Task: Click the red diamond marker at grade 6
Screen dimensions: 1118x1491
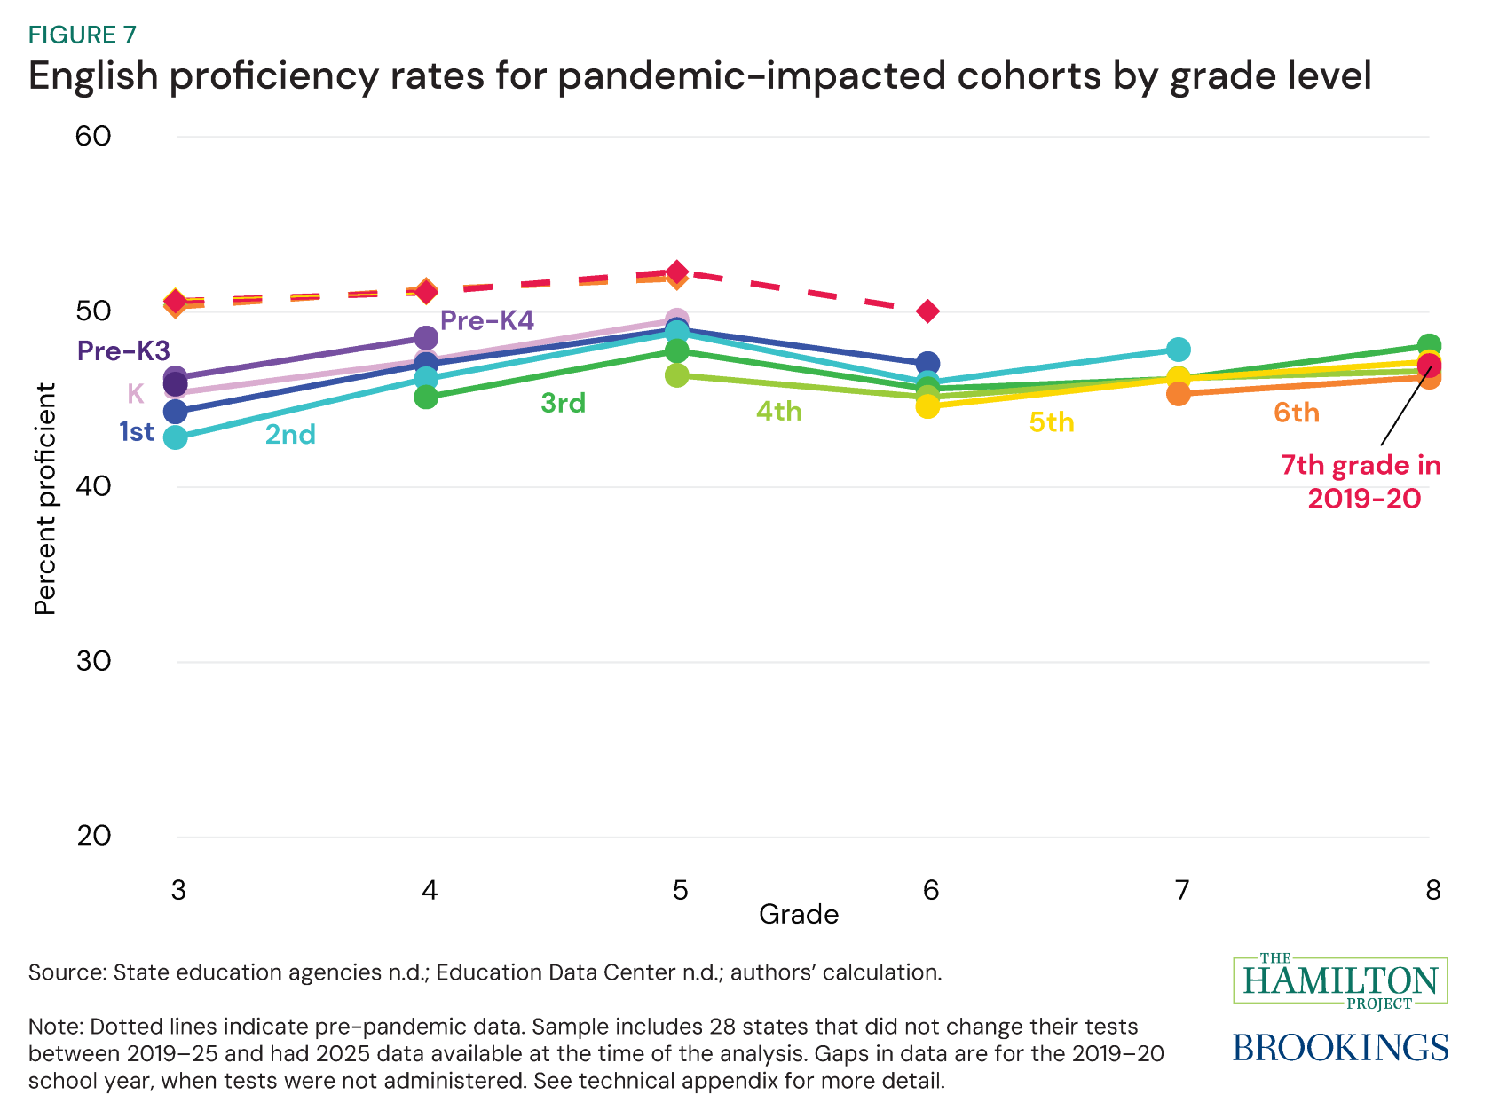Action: coord(927,311)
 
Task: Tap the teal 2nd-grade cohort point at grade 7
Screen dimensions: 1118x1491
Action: coord(1178,349)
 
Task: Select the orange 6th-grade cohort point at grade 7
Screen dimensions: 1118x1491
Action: coord(1178,393)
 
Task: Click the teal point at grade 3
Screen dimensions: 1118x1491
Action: coord(176,437)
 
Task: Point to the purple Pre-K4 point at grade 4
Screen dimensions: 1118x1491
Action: coord(426,338)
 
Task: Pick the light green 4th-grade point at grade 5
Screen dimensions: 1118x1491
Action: coord(676,375)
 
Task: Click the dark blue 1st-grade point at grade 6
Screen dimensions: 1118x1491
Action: coord(927,363)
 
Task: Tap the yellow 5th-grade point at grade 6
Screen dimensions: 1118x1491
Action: coord(927,406)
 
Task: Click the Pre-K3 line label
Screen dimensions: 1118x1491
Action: coord(123,351)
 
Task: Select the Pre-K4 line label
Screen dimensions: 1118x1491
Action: coord(487,320)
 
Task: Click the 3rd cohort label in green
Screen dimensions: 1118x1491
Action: coord(564,404)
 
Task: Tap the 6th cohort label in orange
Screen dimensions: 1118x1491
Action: coord(1297,413)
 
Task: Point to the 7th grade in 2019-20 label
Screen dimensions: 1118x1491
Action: coord(1361,482)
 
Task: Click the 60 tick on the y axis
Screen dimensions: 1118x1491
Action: coord(93,136)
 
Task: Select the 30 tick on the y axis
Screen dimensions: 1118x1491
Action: coord(93,661)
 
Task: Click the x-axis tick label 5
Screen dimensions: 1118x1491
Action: coord(680,890)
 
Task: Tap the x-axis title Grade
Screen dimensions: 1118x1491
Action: coord(799,915)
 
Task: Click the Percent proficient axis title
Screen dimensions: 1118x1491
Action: coord(45,499)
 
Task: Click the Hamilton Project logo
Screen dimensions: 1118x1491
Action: coord(1340,981)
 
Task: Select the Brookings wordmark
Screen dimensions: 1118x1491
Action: coord(1340,1048)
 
